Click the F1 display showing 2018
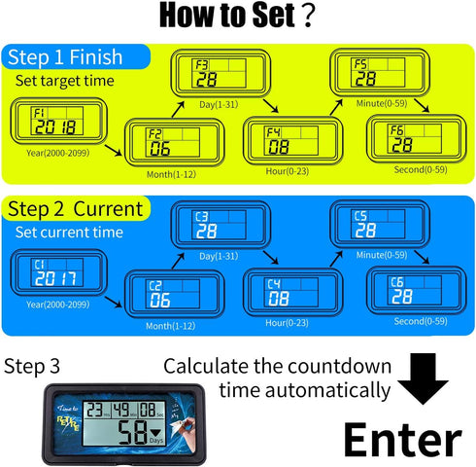(x=48, y=121)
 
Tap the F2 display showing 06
(x=166, y=143)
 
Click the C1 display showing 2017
(x=48, y=273)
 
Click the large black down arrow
(x=433, y=380)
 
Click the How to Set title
(x=237, y=17)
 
